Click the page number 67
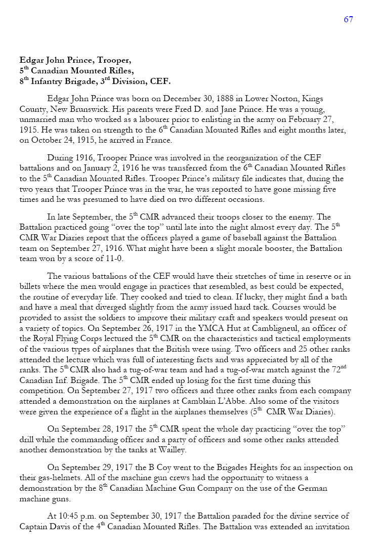coord(348,19)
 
